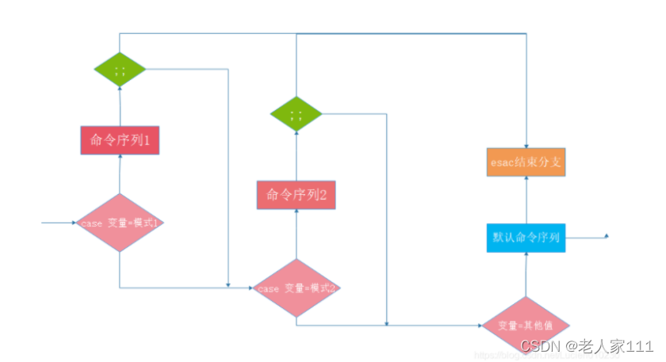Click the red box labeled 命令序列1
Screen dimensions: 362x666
pos(120,140)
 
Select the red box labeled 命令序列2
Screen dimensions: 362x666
pos(296,195)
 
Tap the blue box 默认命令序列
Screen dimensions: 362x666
pos(526,238)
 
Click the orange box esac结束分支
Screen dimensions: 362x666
pos(526,162)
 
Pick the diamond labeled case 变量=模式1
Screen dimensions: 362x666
pos(120,223)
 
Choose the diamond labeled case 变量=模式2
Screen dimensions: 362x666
pos(296,288)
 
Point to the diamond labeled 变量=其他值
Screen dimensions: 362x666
pos(525,326)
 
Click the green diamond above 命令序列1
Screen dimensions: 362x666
pos(120,70)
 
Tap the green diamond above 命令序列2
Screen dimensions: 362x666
pos(296,115)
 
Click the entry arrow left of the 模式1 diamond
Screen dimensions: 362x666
pos(59,223)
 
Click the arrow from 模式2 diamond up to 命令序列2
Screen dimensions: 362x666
pos(296,234)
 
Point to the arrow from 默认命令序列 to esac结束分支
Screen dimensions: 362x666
pos(526,201)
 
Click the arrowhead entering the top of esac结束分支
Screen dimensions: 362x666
pos(526,143)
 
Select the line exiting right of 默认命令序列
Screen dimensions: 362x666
pos(587,237)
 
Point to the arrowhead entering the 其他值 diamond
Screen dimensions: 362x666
pos(480,325)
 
